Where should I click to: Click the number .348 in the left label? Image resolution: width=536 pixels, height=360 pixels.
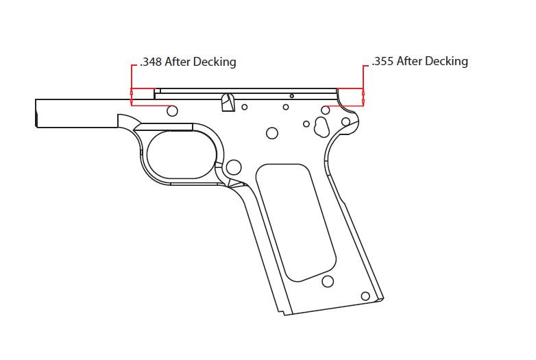(150, 62)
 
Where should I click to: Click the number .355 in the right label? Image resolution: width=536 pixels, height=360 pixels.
(382, 62)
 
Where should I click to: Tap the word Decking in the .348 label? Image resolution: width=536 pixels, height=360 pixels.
(213, 62)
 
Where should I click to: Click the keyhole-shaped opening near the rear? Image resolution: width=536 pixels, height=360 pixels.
(321, 125)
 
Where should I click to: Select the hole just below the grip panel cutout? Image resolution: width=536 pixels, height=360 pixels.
(328, 281)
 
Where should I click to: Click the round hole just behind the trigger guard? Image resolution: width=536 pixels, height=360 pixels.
(234, 166)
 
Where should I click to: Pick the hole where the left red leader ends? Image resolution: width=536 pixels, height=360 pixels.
(172, 110)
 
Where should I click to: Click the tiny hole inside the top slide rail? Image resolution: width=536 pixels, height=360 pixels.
(291, 96)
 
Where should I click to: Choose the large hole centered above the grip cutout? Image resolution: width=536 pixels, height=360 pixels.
(272, 132)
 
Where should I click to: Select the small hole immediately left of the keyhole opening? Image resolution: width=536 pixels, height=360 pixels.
(307, 123)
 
